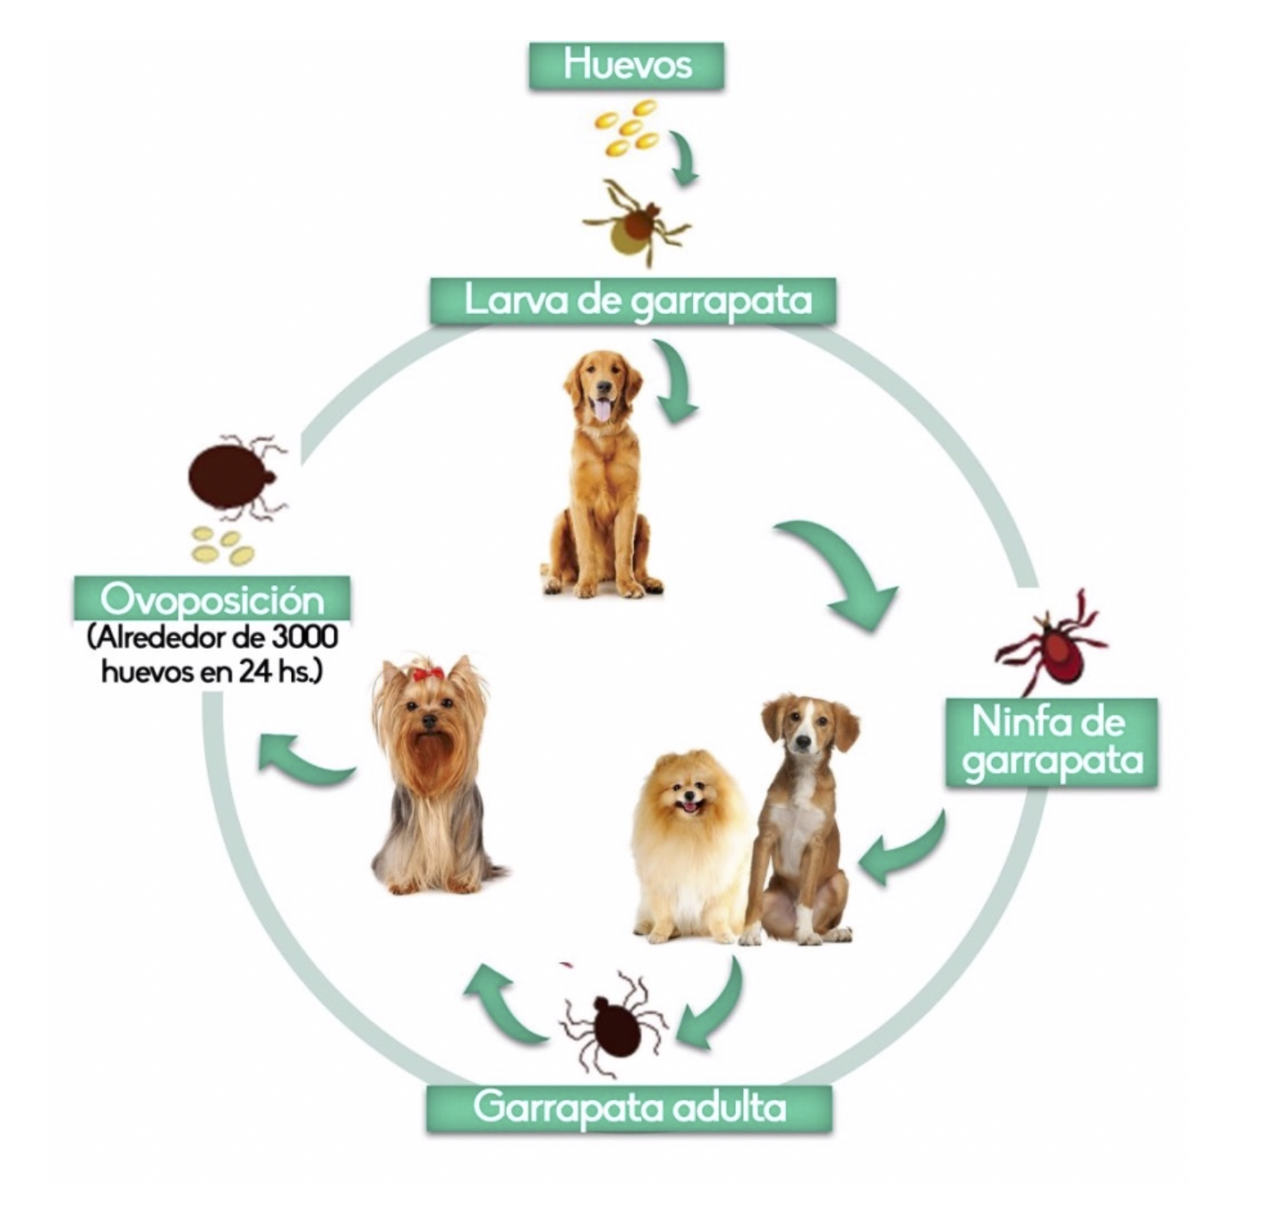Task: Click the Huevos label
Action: (627, 65)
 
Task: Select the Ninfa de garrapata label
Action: (1051, 742)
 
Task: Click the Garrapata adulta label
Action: (629, 1107)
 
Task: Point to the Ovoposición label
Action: (212, 597)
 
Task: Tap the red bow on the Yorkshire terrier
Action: (427, 673)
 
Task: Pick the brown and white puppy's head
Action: (806, 731)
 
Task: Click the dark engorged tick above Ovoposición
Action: (233, 477)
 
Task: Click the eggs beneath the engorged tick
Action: (222, 545)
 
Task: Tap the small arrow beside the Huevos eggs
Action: (684, 157)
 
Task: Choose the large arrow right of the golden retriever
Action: (847, 574)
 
